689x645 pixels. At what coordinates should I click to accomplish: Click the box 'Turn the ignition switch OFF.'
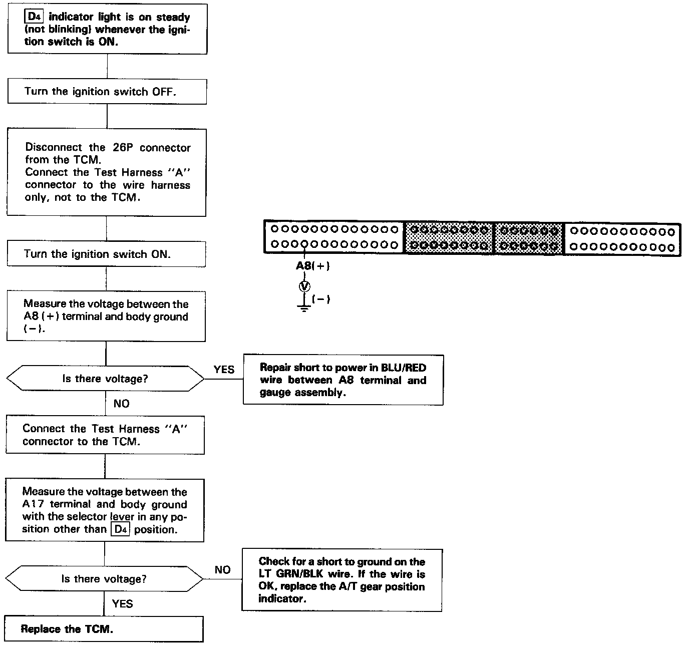coord(107,92)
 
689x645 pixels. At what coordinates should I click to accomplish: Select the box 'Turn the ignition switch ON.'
coord(106,254)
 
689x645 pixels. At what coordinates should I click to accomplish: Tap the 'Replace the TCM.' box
coord(104,629)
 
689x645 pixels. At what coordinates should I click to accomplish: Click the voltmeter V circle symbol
coord(304,286)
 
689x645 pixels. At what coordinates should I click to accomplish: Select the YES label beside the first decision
coord(223,370)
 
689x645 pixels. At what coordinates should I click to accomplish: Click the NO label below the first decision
coord(121,404)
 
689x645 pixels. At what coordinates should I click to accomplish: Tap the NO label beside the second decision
coord(222,570)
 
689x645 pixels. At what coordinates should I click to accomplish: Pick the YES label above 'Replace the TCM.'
coord(122,603)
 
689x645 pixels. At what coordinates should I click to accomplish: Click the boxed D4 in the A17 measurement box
coord(120,529)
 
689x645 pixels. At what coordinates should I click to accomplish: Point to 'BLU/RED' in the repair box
coord(406,368)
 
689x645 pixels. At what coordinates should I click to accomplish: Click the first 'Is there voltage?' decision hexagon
coord(105,379)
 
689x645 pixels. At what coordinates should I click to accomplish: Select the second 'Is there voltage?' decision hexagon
coord(104,579)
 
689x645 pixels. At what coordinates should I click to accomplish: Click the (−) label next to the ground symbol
coord(321,299)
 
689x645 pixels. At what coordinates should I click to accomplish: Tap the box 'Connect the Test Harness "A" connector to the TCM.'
coord(105,435)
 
